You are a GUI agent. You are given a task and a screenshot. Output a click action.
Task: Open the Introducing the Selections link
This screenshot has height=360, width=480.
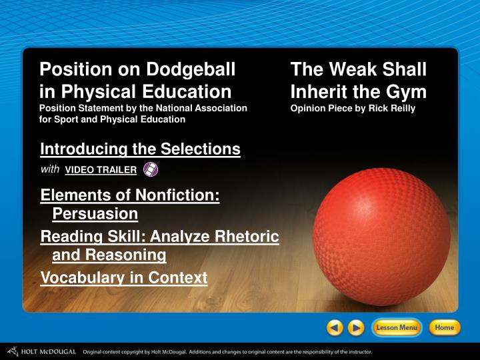pyautogui.click(x=140, y=149)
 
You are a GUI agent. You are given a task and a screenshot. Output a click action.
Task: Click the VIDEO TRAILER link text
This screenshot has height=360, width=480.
pyautogui.click(x=101, y=170)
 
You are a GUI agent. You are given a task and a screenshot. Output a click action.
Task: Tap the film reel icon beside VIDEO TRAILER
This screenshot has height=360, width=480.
pyautogui.click(x=151, y=169)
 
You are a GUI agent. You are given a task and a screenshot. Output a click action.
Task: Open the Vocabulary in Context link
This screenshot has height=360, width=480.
pyautogui.click(x=124, y=278)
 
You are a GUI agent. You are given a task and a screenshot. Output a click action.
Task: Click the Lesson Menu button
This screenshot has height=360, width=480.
pyautogui.click(x=397, y=327)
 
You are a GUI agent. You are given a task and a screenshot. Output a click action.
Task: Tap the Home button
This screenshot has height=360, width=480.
pyautogui.click(x=444, y=327)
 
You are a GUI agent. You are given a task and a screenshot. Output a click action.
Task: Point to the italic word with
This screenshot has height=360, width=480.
pyautogui.click(x=50, y=169)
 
